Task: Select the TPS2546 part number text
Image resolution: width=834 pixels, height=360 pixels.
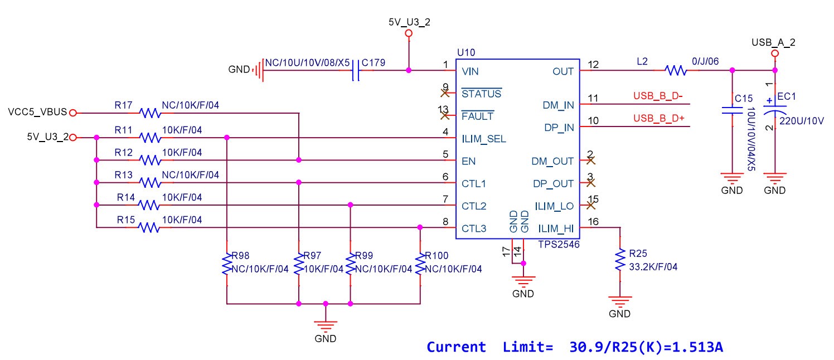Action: tap(558, 244)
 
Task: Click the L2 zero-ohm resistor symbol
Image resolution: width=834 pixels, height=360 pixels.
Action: tap(676, 71)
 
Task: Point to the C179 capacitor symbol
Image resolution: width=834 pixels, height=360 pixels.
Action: tap(355, 71)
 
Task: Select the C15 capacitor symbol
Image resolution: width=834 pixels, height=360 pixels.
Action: tap(732, 110)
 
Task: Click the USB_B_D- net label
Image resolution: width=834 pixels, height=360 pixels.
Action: tap(658, 95)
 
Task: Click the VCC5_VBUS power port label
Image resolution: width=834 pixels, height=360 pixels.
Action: tap(37, 112)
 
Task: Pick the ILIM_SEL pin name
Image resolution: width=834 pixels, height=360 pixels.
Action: tap(483, 139)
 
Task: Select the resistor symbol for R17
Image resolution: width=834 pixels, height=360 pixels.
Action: tap(149, 113)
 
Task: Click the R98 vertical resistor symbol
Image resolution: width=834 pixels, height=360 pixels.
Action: tap(227, 264)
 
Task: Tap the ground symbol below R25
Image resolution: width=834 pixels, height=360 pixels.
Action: tap(619, 301)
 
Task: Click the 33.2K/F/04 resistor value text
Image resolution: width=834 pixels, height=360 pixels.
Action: tap(653, 267)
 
